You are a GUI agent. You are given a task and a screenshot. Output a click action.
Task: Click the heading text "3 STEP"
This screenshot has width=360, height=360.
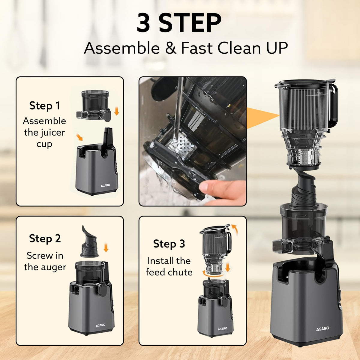pyautogui.click(x=179, y=23)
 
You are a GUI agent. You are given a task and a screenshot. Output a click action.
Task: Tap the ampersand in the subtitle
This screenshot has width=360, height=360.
pyautogui.click(x=170, y=48)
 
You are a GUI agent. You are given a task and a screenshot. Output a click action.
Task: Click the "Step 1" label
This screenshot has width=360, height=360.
pyautogui.click(x=45, y=106)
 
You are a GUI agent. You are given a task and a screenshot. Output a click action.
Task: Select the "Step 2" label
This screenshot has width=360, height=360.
pyautogui.click(x=45, y=238)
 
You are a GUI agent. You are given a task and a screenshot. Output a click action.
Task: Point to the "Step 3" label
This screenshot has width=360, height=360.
pyautogui.click(x=169, y=244)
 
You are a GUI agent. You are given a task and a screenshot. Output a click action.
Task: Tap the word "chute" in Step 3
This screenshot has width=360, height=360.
pyautogui.click(x=180, y=272)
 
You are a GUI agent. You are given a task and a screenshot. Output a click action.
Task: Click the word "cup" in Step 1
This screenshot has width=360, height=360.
pyautogui.click(x=44, y=144)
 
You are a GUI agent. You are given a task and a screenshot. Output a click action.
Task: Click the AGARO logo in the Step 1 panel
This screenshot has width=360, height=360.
pyautogui.click(x=105, y=185)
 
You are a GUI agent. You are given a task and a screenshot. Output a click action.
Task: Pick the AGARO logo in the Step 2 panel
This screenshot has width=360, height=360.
pyautogui.click(x=100, y=325)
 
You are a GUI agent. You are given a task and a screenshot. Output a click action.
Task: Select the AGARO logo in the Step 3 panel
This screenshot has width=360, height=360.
pyautogui.click(x=222, y=328)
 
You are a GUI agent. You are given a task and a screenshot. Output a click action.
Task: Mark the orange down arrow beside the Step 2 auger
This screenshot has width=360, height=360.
pyautogui.click(x=106, y=248)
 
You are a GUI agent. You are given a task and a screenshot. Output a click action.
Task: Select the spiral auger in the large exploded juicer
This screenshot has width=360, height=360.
pyautogui.click(x=303, y=189)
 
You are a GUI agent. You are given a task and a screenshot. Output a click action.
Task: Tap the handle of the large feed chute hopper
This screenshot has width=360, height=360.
pyautogui.click(x=334, y=105)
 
